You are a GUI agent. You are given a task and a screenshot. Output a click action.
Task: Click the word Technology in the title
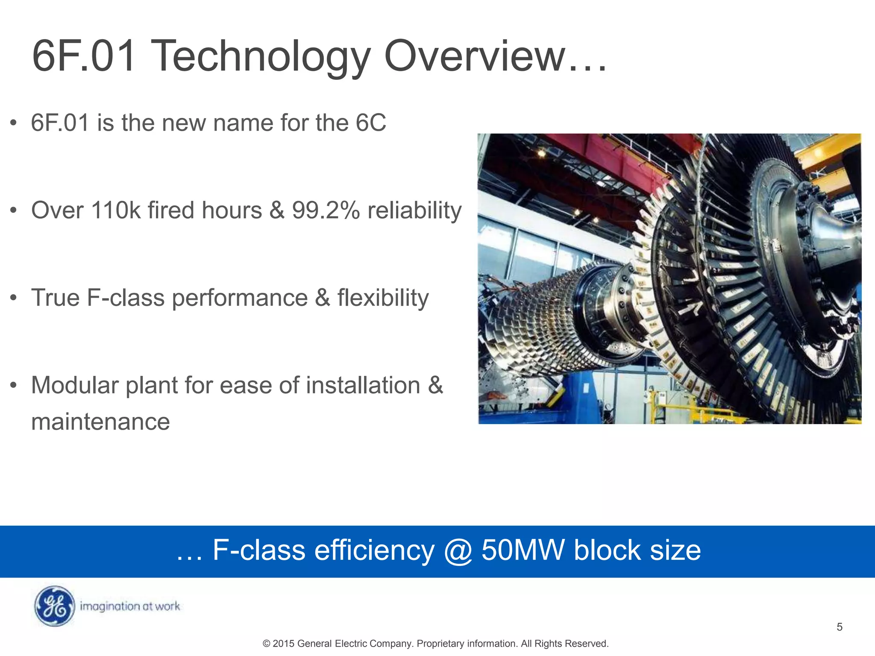coord(261,57)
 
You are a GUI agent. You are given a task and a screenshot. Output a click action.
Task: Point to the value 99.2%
coord(326,211)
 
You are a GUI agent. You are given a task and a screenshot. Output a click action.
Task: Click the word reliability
coord(414,211)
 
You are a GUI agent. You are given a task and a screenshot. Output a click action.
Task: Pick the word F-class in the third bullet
coord(126,298)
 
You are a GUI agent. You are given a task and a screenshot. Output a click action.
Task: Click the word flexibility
coord(383,298)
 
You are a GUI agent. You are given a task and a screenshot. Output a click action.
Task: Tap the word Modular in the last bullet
coord(75,385)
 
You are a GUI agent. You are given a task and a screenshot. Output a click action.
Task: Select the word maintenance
coord(100,422)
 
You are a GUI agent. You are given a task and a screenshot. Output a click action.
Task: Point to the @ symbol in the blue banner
coord(458,551)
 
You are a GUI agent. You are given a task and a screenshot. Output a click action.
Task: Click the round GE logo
coord(54,606)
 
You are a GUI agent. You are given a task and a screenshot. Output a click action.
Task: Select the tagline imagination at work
coord(130,606)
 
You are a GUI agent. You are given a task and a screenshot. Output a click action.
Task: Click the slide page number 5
coord(839,627)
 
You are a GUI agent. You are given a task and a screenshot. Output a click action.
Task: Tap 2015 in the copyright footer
coord(283,644)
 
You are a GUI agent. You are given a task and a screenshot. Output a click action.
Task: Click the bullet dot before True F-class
coord(14,298)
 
